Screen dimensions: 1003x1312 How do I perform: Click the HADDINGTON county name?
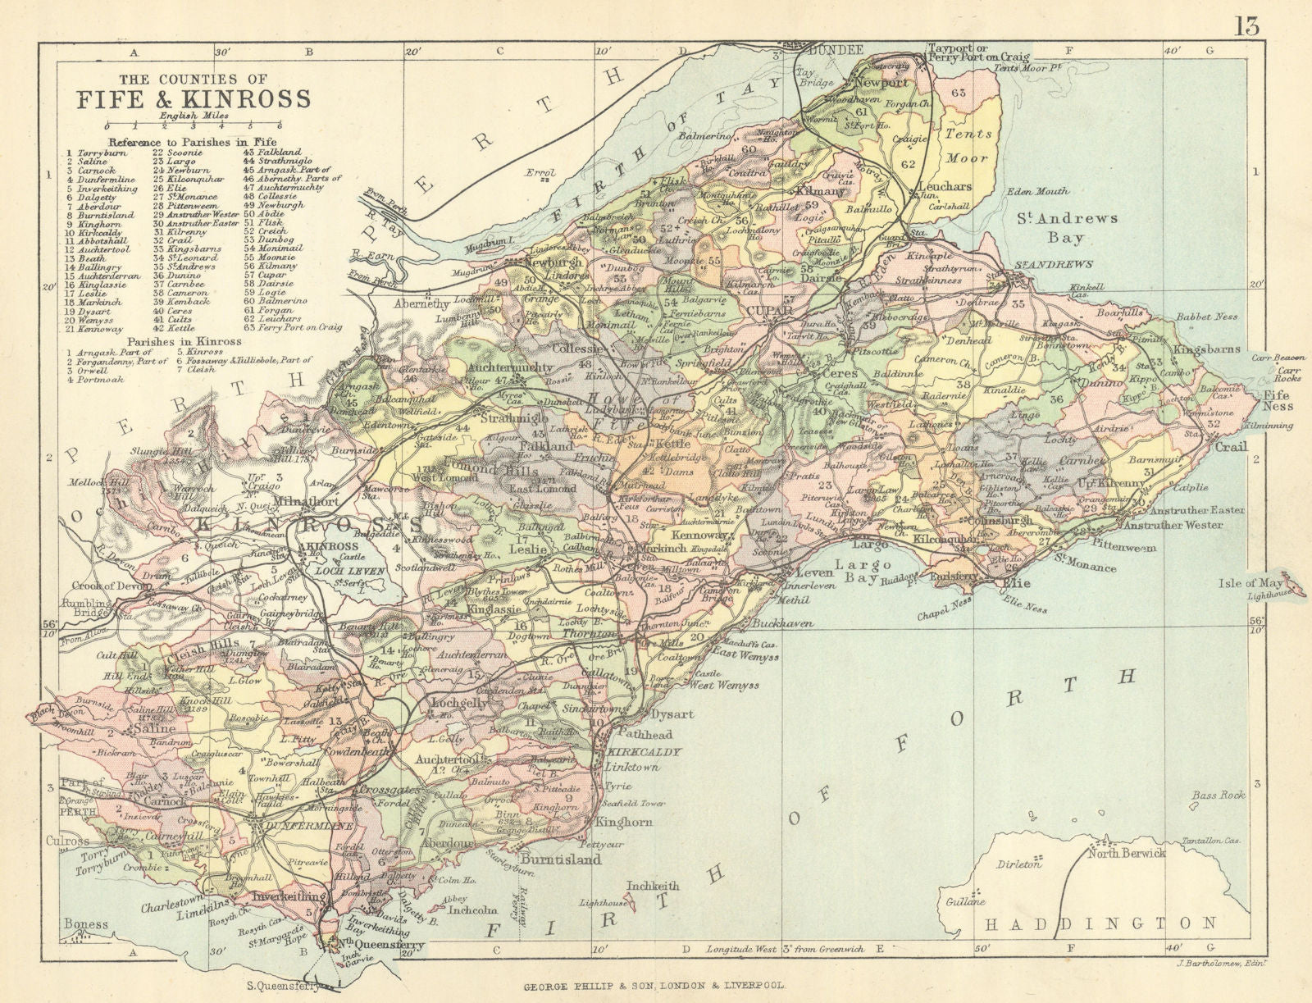click(x=1099, y=923)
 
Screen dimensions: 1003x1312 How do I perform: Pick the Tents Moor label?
click(x=968, y=145)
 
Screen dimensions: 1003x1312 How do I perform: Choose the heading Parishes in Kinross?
click(x=184, y=341)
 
